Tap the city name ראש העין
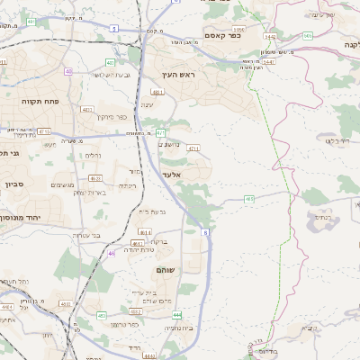click(178, 76)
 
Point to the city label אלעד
click(172, 174)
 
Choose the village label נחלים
click(92, 156)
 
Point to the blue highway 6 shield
click(204, 232)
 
